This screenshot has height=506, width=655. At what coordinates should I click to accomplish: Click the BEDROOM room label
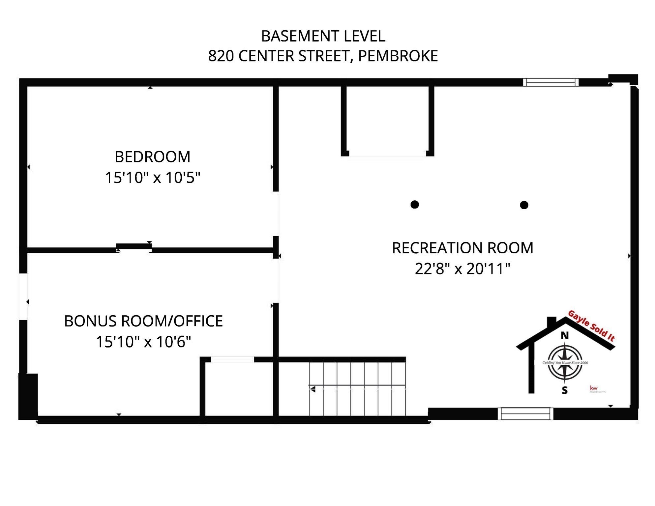152,157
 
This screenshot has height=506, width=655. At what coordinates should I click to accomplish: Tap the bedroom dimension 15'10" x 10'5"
152,178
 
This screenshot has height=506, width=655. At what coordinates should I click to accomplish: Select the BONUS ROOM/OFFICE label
143,321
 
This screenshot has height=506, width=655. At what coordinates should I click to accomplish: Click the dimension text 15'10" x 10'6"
143,342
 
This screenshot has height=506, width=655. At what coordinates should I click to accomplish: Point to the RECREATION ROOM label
462,248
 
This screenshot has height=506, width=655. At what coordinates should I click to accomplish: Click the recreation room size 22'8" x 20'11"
462,269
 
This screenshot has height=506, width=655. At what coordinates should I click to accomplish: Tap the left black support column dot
415,205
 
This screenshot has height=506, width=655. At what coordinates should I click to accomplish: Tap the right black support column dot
524,205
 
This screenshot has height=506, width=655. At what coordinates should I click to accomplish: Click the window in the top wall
551,82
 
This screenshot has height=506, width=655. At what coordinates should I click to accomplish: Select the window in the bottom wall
525,414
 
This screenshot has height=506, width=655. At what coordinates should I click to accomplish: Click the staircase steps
357,389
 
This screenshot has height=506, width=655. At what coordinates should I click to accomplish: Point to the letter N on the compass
565,336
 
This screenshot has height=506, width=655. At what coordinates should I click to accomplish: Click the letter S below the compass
565,390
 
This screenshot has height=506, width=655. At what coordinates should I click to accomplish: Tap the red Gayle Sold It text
591,326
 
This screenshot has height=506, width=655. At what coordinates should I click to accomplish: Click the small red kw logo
594,388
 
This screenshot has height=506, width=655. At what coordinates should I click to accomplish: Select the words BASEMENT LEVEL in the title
323,36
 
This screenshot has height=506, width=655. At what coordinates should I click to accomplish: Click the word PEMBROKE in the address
398,56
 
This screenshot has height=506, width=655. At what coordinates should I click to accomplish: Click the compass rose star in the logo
565,362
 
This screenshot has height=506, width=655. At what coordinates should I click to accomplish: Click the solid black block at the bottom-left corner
28,396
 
